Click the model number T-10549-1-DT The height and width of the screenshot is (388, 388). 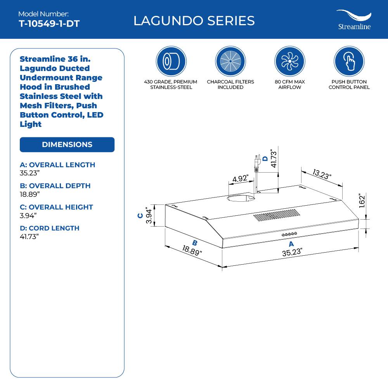pyautogui.click(x=49, y=24)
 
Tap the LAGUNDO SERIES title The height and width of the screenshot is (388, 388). pyautogui.click(x=194, y=21)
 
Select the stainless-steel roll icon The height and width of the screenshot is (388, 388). pyautogui.click(x=171, y=61)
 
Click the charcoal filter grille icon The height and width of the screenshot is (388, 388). pyautogui.click(x=230, y=61)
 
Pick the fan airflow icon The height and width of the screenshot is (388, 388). pyautogui.click(x=289, y=61)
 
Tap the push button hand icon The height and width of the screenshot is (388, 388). pyautogui.click(x=349, y=61)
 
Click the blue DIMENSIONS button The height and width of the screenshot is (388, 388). pyautogui.click(x=67, y=144)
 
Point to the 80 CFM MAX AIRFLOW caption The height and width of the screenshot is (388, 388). pyautogui.click(x=289, y=85)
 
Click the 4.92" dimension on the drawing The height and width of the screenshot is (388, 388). pyautogui.click(x=241, y=179)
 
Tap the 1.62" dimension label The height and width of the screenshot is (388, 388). pyautogui.click(x=362, y=201)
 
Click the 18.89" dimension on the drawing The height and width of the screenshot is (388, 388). pyautogui.click(x=192, y=250)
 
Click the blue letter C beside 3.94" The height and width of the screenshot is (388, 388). pyautogui.click(x=140, y=216)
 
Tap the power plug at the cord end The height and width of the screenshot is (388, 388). pyautogui.click(x=256, y=163)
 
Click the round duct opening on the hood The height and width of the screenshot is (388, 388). pyautogui.click(x=241, y=199)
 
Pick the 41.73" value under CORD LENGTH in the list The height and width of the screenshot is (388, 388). pyautogui.click(x=29, y=237)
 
